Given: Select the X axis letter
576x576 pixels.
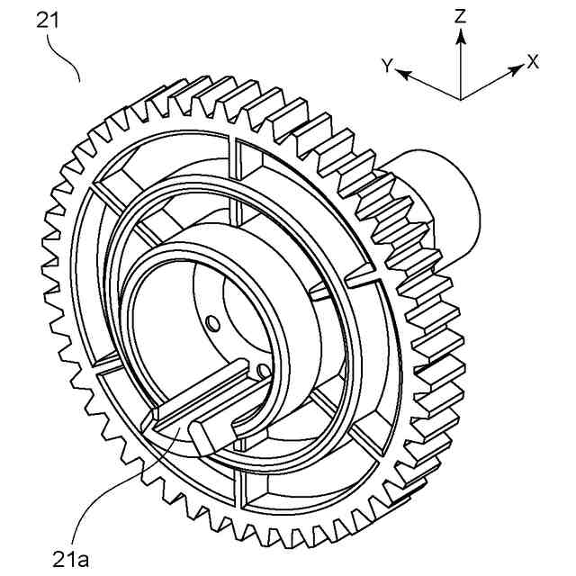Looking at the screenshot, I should point(533,61).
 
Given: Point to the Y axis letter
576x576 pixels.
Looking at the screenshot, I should point(387,66).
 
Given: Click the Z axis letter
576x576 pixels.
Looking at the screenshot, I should point(461,16).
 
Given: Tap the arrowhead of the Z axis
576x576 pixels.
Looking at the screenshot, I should point(461,34).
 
